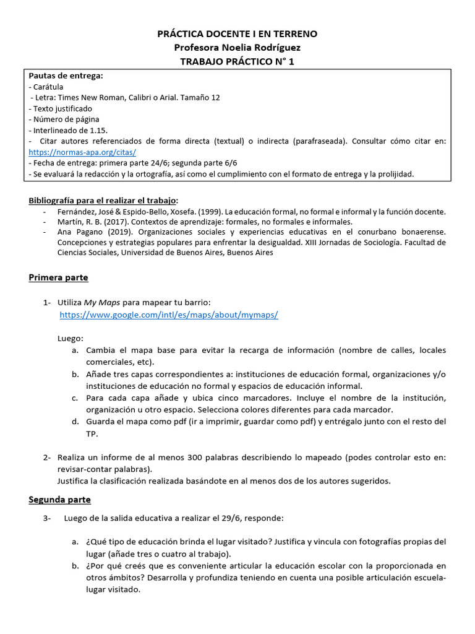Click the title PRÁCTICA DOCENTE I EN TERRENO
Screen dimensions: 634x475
pos(237,34)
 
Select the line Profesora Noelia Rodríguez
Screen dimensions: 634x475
pos(237,48)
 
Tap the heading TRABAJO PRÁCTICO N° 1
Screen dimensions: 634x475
pos(237,61)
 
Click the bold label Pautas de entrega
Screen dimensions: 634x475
pos(66,76)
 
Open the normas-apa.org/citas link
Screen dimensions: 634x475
pos(82,152)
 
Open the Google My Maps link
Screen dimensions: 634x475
pos(169,315)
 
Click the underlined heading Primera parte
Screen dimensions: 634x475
pos(58,277)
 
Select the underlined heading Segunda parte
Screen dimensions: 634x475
pos(59,499)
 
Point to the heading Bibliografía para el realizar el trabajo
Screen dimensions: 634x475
pos(103,200)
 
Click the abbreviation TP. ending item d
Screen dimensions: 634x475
pos(92,433)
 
